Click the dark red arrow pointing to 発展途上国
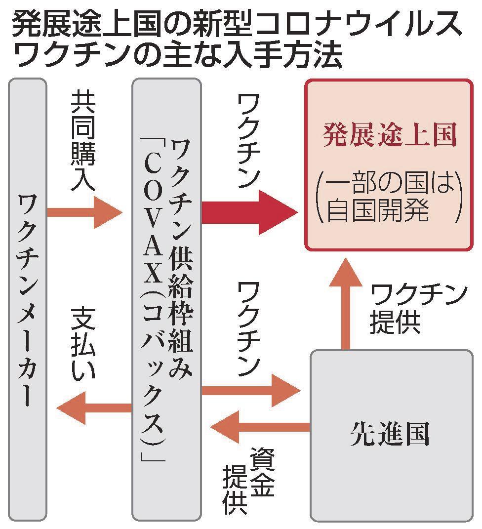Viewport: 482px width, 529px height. pos(249,213)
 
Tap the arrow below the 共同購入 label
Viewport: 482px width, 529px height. pos(84,213)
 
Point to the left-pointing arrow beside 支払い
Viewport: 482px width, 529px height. pos(94,407)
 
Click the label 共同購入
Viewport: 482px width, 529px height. pos(83,141)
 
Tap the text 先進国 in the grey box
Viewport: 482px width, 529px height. pos(390,434)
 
